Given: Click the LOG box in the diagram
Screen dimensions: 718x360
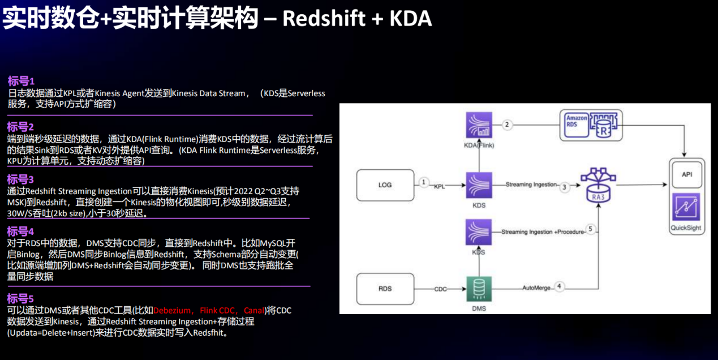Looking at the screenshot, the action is pos(385,185).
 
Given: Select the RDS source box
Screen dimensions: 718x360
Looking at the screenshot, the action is pos(385,289).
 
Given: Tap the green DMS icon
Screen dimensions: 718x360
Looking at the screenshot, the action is pos(479,289).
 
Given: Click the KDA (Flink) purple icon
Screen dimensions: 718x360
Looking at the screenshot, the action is pos(479,125).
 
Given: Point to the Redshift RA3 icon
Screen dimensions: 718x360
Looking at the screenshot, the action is pos(598,185).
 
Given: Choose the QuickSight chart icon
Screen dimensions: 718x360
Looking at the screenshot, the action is pos(686,207).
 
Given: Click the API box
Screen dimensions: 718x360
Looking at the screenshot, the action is pos(686,174).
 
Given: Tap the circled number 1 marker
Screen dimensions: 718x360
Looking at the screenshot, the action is pos(423,182).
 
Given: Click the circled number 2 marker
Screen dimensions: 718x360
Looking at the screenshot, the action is pos(507,125).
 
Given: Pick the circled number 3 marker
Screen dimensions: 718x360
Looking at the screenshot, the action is pos(565,187).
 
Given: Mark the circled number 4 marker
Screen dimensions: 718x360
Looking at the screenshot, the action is pos(559,286).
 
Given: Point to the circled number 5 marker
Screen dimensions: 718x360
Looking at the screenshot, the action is pos(590,229).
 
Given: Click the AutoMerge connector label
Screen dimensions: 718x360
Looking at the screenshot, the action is pos(536,288).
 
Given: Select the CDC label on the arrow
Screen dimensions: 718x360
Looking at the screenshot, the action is pos(440,289).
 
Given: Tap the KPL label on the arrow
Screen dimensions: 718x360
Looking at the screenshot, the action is pos(439,187).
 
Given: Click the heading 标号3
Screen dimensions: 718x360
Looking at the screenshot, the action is pos(20,179).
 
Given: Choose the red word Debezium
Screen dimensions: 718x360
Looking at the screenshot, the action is pos(172,310).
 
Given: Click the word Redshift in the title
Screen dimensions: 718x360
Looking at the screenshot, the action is pos(324,18).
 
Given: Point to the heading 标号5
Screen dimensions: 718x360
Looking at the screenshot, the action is pos(20,298).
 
